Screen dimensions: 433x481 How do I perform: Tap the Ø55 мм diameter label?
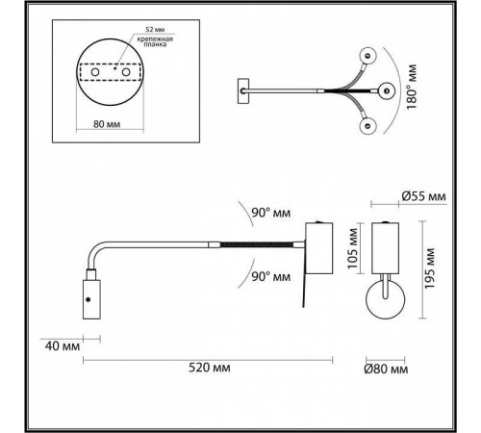click(423, 198)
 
